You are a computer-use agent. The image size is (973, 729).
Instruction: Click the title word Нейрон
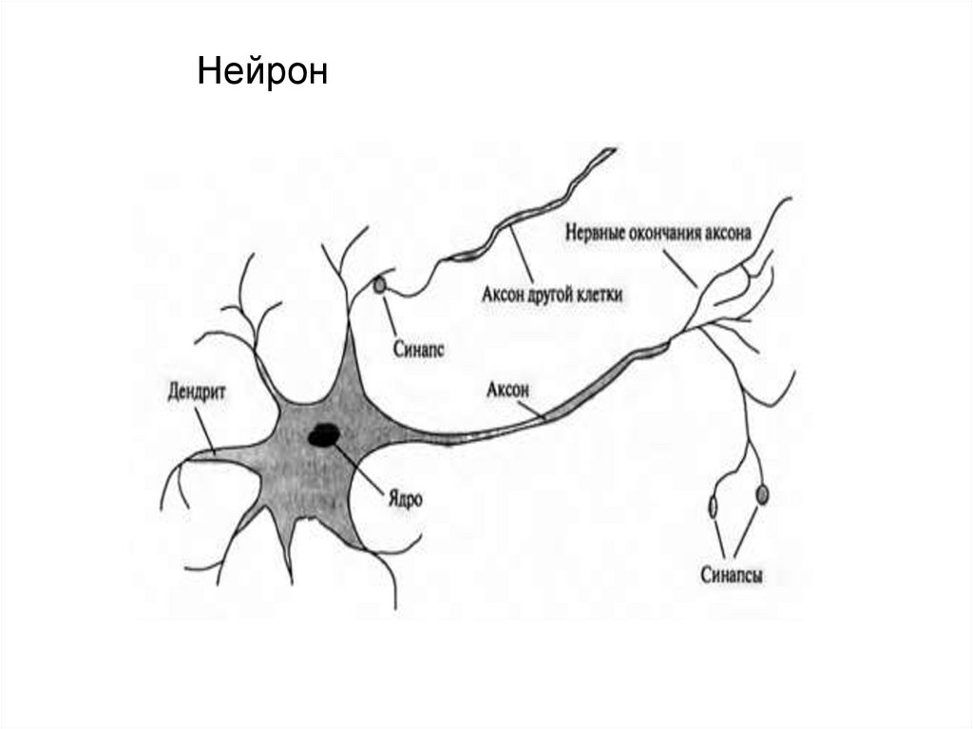262,72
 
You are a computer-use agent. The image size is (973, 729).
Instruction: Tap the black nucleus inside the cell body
324,435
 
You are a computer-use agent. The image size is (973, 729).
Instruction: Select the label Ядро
403,497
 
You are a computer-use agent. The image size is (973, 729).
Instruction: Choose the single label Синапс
418,349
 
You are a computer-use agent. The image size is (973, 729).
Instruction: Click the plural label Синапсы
732,574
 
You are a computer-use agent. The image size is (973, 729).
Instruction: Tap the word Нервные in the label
595,230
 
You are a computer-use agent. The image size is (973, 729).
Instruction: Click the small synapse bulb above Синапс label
380,284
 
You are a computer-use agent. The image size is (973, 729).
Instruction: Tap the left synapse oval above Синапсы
713,507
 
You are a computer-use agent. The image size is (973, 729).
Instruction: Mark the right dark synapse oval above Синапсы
761,495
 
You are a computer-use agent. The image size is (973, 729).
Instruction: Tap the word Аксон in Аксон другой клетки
506,295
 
